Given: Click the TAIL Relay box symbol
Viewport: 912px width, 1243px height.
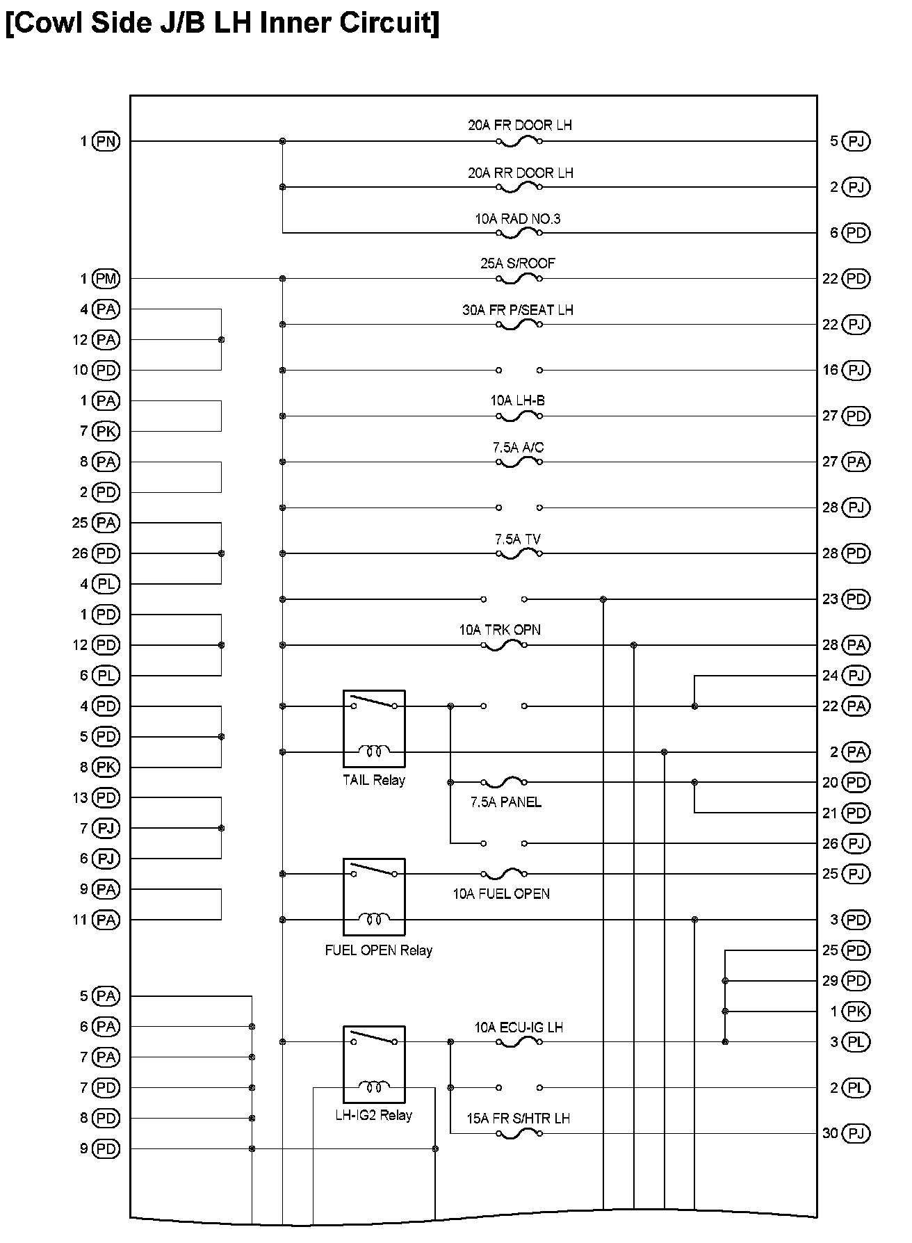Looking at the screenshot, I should [x=374, y=729].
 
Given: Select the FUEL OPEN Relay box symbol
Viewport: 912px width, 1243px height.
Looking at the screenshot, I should [x=374, y=897].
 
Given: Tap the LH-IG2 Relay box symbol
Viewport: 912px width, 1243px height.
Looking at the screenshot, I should [x=374, y=1064].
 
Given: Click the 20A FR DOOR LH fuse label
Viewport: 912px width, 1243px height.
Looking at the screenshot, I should [x=519, y=126].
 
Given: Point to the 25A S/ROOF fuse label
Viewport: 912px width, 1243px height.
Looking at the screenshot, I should [x=518, y=263].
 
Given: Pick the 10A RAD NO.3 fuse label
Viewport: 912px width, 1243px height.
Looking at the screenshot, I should [x=517, y=219].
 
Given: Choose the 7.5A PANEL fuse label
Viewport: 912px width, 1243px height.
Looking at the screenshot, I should [x=505, y=802].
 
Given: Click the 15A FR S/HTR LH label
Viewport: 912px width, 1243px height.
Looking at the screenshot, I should [x=518, y=1119].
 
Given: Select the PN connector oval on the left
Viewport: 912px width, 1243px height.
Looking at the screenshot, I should [x=106, y=141].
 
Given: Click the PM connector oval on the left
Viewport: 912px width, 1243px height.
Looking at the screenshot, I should [x=106, y=279].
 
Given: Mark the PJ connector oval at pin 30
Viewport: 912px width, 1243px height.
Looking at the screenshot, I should [x=856, y=1133].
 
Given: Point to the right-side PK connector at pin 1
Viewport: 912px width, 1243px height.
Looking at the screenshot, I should [x=856, y=1012].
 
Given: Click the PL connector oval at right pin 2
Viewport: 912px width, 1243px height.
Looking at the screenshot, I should [x=856, y=1088].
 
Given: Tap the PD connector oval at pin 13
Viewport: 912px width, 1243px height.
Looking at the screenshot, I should [x=106, y=797].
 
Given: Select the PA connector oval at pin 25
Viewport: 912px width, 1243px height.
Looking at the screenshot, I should [x=106, y=523].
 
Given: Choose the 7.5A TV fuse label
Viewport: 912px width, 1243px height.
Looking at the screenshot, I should [x=517, y=539].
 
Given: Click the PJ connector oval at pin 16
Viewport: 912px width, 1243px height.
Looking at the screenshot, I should [x=856, y=370].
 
